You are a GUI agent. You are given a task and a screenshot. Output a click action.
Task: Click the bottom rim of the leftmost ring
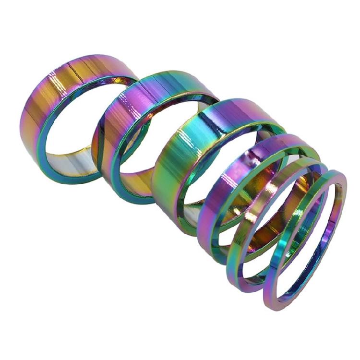click(67, 180)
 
